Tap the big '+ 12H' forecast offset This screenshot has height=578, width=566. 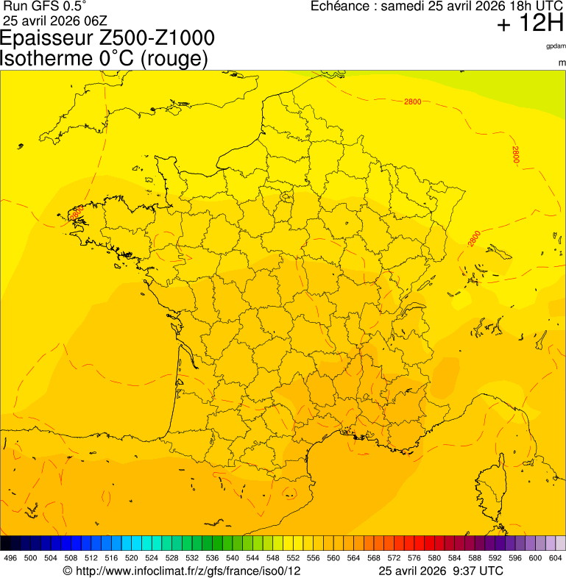pyautogui.click(x=530, y=24)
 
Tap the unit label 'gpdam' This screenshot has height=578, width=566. pyautogui.click(x=555, y=46)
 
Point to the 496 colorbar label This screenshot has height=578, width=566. pyautogui.click(x=10, y=559)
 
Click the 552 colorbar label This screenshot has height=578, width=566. pyautogui.click(x=293, y=559)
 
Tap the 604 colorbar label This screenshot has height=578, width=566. pyautogui.click(x=555, y=559)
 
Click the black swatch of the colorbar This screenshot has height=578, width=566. pyautogui.click(x=6, y=544)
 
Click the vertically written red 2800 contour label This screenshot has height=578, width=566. pyautogui.click(x=516, y=154)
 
